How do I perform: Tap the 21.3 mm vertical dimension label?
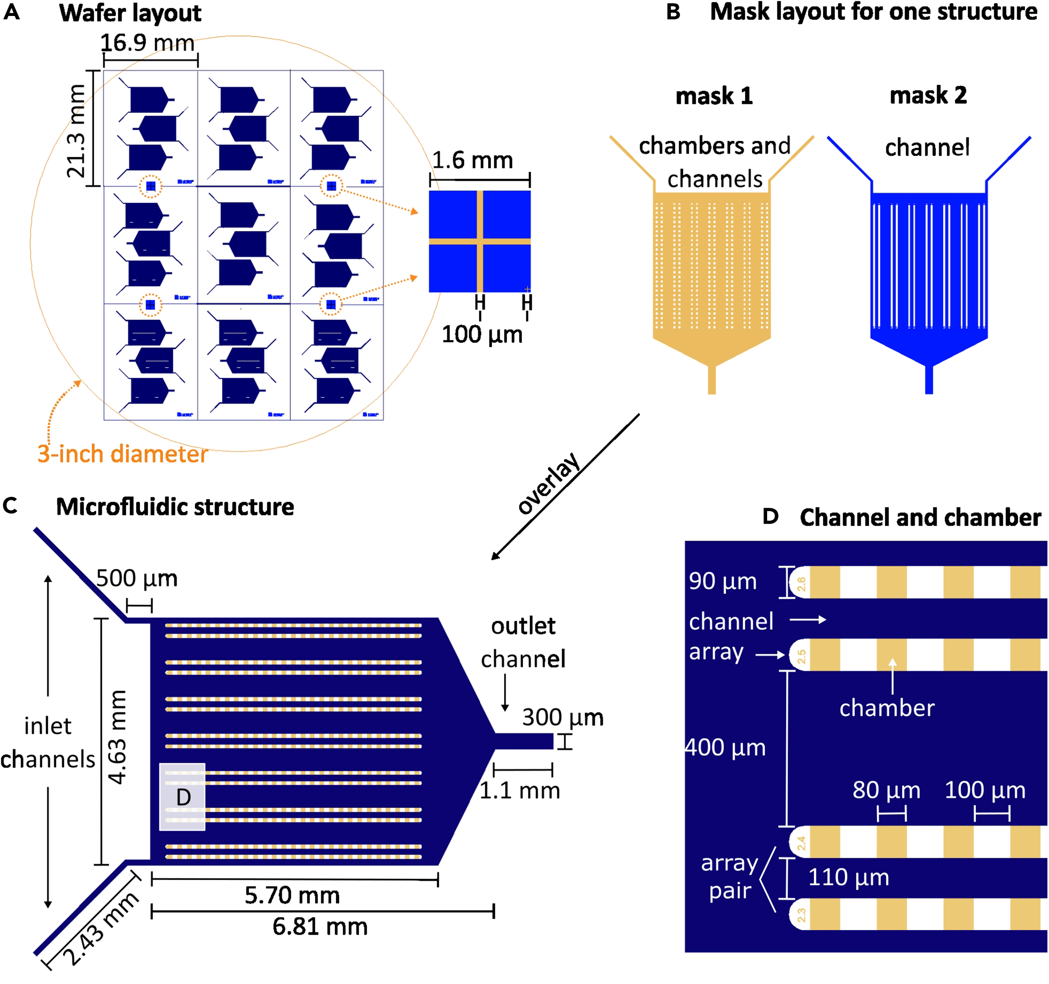point(76,130)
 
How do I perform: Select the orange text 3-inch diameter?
point(123,454)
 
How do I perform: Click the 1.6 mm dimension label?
point(472,160)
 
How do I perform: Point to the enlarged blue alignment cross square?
point(479,241)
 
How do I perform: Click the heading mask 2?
point(928,96)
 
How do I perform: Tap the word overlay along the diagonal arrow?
point(549,484)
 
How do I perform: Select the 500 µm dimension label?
point(137,579)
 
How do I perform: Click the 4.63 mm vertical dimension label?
point(117,737)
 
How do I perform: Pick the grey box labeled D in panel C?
point(182,797)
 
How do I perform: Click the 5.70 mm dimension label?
point(292,895)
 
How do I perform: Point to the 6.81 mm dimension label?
point(320,927)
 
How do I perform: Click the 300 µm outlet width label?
point(562,718)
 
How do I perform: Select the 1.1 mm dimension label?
point(520,790)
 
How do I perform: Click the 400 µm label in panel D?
point(725,748)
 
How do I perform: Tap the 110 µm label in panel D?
point(848,877)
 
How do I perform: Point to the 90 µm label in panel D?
point(723,581)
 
